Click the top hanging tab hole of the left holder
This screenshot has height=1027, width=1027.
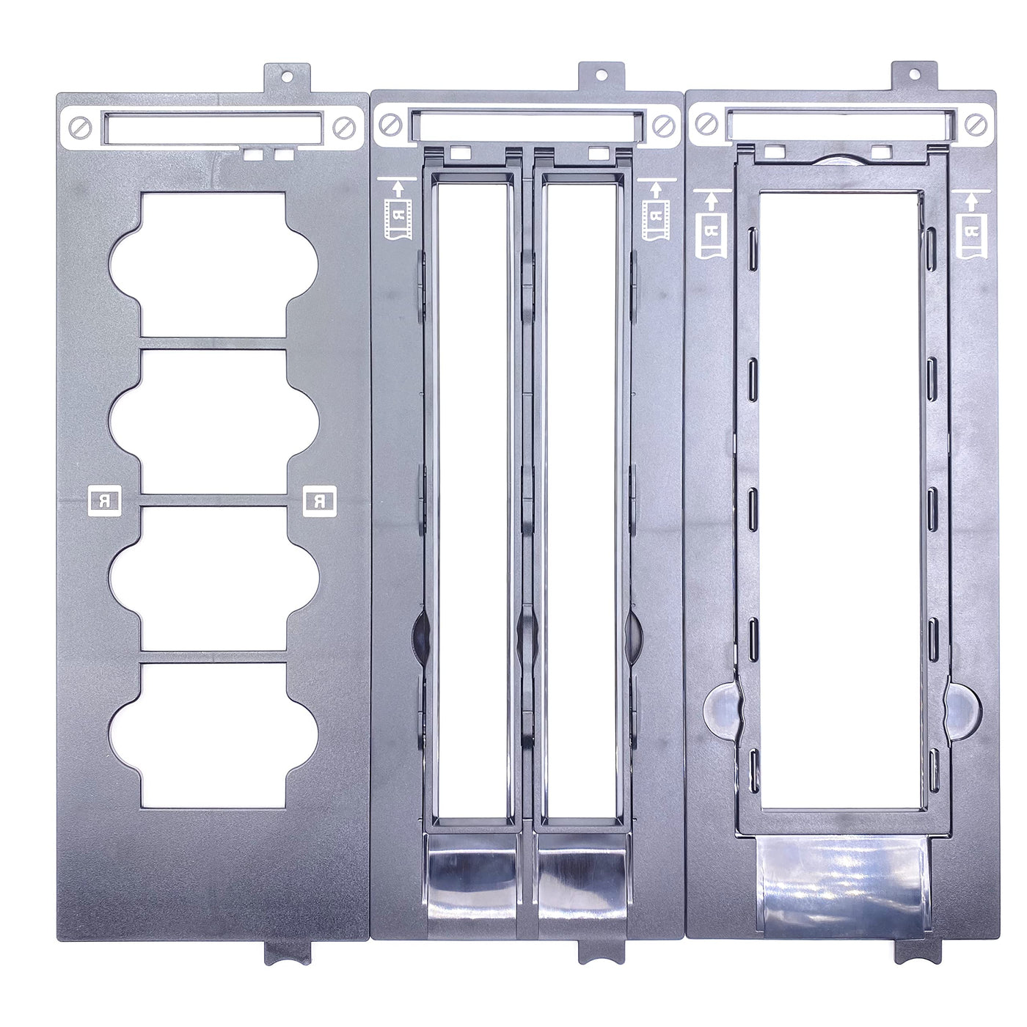288,77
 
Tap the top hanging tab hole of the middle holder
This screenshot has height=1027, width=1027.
602,75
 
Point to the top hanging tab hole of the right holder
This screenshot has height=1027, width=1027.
915,74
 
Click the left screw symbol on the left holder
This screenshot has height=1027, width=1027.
80,128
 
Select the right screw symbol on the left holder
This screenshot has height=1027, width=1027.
344,128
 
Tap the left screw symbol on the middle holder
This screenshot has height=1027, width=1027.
392,125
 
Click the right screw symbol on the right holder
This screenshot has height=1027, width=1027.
976,124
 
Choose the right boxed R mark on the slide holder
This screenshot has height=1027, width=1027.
319,500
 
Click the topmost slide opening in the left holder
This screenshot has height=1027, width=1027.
213,265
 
